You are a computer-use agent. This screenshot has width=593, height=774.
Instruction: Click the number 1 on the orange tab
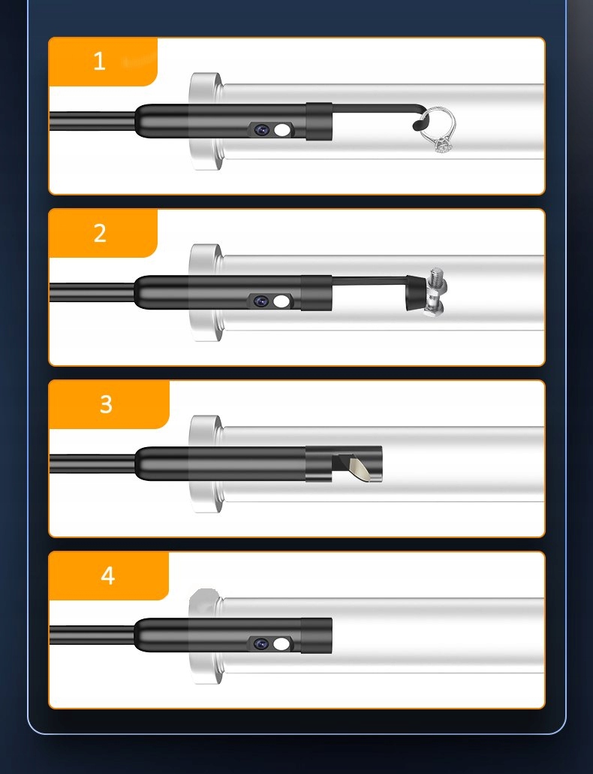point(99,61)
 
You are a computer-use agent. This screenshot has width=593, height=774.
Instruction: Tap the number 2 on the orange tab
point(100,233)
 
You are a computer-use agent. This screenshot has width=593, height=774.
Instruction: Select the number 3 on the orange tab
point(106,404)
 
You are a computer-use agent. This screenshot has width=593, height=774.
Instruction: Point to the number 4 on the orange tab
point(108,576)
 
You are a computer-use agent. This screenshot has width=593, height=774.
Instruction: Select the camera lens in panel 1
point(262,130)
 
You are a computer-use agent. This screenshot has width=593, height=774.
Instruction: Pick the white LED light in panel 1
point(281,130)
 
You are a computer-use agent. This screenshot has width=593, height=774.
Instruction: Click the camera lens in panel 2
point(260,301)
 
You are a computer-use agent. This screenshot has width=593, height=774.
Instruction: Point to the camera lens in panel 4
point(260,644)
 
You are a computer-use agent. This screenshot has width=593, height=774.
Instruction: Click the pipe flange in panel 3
point(205,464)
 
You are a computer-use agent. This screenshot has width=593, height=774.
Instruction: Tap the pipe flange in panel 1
point(205,122)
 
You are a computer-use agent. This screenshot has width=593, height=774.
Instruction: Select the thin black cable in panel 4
point(92,635)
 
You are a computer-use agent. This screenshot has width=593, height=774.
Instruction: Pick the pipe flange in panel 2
point(205,293)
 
